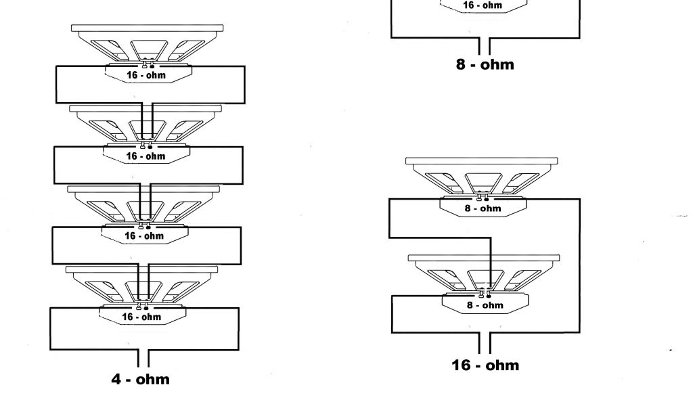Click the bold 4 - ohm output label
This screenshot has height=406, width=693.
point(141,379)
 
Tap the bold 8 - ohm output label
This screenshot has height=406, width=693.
point(485,65)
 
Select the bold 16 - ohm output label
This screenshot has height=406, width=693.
point(485,365)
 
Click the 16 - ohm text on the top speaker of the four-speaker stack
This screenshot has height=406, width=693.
point(146,75)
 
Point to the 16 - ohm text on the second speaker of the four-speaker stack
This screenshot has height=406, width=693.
point(146,156)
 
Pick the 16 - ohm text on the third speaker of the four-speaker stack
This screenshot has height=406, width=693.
point(145,236)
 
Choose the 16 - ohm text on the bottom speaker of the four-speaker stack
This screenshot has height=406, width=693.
point(141,317)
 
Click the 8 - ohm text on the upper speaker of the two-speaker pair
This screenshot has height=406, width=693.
point(483,208)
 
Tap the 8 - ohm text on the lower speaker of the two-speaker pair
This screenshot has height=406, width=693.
point(485,305)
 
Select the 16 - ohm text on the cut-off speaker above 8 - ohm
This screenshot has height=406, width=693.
point(482,5)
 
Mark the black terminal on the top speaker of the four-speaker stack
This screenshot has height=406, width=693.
point(152,66)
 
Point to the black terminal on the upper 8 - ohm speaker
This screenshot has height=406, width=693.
point(487,198)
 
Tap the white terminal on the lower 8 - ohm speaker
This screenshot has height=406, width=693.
point(481,294)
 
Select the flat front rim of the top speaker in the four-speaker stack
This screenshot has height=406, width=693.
point(147,29)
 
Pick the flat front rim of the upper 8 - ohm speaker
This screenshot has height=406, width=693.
point(482,161)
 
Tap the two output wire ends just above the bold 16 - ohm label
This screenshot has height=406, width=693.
point(485,343)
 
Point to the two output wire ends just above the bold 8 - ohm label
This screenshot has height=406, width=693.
point(485,46)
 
